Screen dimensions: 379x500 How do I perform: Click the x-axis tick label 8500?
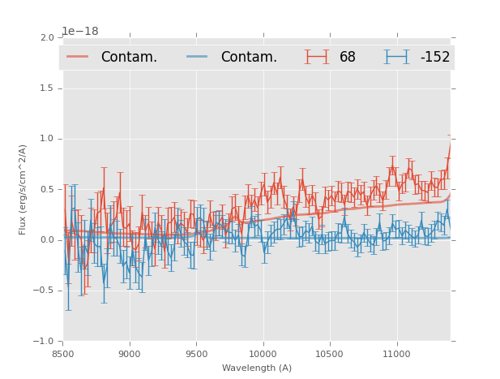click(x=63, y=354)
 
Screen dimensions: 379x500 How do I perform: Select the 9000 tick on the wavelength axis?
click(x=130, y=354)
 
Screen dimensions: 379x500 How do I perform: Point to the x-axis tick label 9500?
click(x=196, y=354)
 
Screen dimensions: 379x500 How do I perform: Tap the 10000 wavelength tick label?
click(x=263, y=354)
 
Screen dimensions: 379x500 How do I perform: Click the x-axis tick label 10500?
click(x=330, y=354)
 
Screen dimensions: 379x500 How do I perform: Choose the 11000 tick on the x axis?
click(x=396, y=354)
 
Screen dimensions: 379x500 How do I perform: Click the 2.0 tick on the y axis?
click(x=47, y=38)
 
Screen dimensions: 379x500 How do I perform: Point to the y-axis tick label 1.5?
click(x=47, y=88)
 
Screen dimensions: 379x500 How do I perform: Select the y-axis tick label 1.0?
click(x=47, y=139)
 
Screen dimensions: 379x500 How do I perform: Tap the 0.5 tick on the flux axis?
click(x=47, y=190)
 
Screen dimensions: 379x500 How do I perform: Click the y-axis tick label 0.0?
click(x=47, y=240)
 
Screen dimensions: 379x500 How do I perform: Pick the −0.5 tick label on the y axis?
click(x=45, y=291)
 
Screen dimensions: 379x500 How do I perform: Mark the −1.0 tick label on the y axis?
click(x=45, y=342)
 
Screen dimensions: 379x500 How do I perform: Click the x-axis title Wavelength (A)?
click(x=257, y=368)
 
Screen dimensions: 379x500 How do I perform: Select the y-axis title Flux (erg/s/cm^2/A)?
click(x=24, y=189)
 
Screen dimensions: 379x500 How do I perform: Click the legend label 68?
click(x=348, y=57)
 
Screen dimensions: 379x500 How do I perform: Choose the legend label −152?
click(x=434, y=57)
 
